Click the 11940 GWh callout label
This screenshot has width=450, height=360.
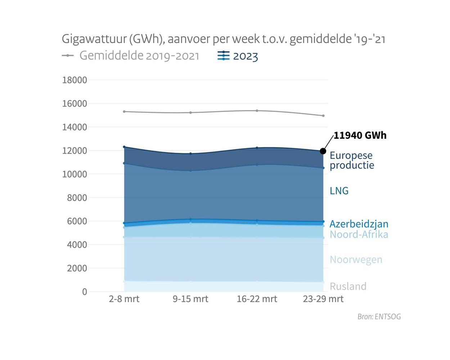360,136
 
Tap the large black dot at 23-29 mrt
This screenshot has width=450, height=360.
323,151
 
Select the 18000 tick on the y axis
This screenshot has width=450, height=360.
75,80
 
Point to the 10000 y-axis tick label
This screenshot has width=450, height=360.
75,174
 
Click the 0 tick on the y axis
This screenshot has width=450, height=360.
84,292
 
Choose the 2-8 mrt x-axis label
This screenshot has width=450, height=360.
124,299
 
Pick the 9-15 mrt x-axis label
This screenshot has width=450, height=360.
190,299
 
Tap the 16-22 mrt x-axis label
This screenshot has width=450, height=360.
257,299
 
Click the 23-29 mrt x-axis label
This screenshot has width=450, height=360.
323,299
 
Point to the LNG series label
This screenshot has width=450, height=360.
339,191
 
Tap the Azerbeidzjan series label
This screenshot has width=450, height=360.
359,224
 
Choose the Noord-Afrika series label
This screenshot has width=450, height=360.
359,234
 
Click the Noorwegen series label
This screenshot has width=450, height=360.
356,260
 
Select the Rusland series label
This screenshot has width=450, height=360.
348,286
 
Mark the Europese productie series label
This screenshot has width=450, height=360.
352,160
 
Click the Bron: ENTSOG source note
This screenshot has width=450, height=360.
379,317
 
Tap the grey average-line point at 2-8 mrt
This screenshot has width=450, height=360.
124,111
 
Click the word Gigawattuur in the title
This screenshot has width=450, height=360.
94,39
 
